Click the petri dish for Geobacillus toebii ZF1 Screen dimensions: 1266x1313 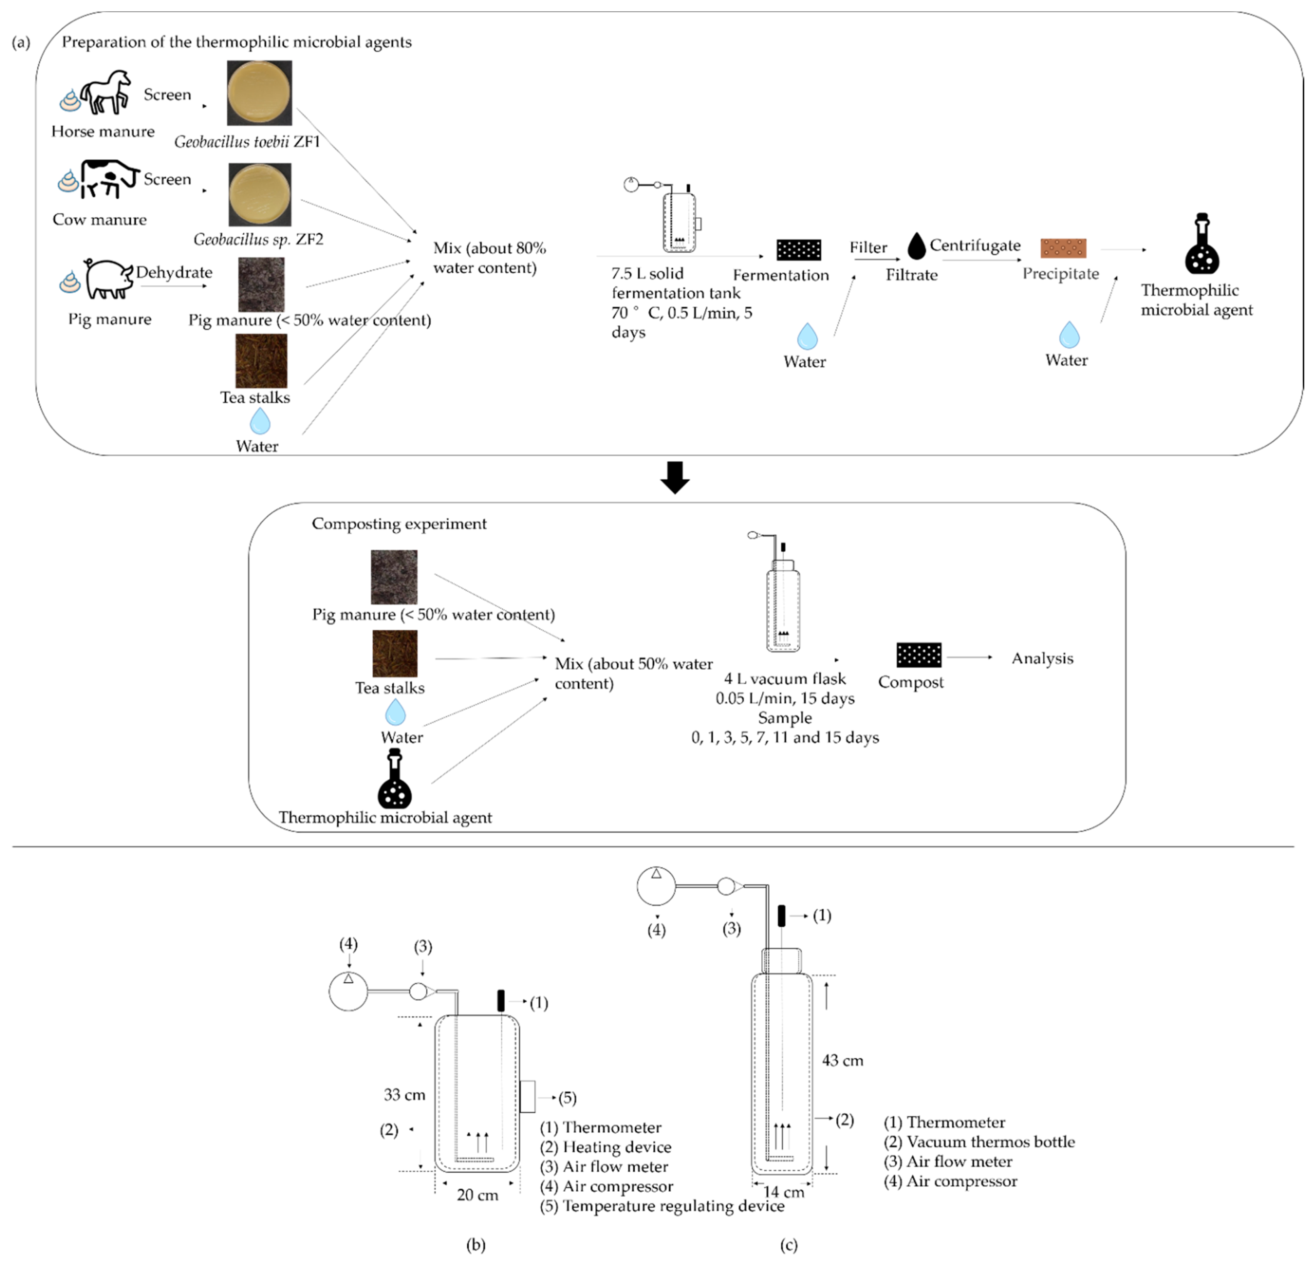click(259, 93)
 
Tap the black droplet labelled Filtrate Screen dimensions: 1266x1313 click(916, 246)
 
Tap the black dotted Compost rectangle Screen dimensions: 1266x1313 click(918, 655)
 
